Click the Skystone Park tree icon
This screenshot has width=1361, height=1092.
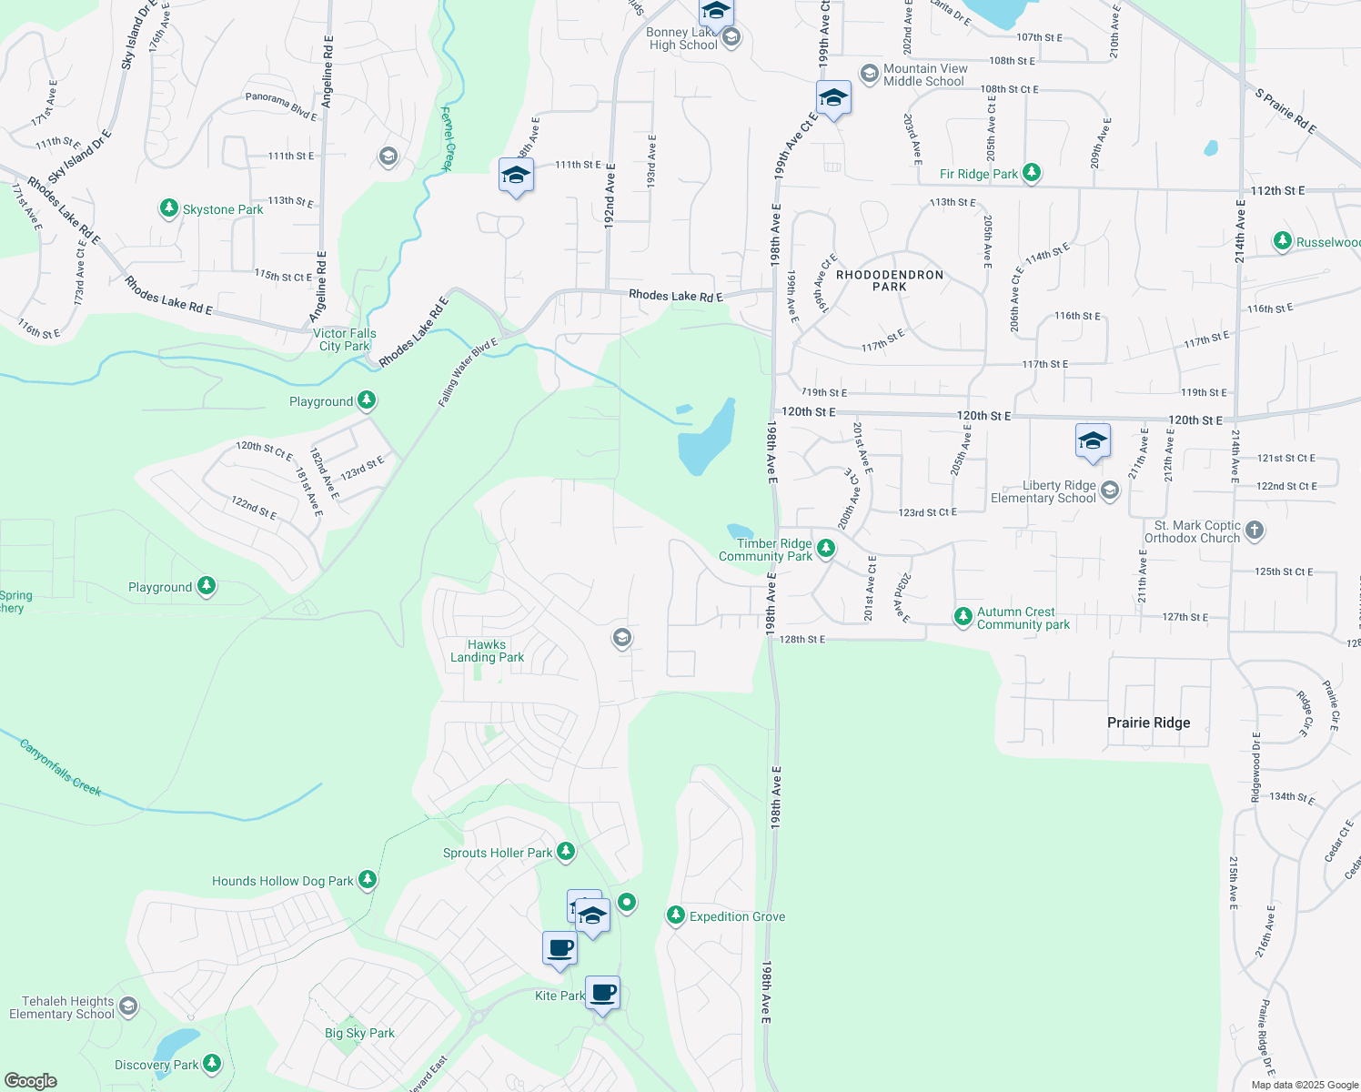pyautogui.click(x=168, y=208)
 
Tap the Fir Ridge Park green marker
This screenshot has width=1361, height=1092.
pyautogui.click(x=1031, y=173)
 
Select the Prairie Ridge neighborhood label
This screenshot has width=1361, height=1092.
pyautogui.click(x=1148, y=723)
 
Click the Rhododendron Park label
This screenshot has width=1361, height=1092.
pyautogui.click(x=889, y=280)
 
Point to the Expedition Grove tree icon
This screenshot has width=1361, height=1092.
pyautogui.click(x=675, y=915)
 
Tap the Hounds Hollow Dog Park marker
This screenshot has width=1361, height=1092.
pyautogui.click(x=368, y=880)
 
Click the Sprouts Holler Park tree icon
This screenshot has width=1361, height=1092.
pyautogui.click(x=566, y=852)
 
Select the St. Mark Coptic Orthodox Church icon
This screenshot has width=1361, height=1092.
pyautogui.click(x=1254, y=531)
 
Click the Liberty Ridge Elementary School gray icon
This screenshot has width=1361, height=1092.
pyautogui.click(x=1109, y=491)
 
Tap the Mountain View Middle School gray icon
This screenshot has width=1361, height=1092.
pyautogui.click(x=869, y=74)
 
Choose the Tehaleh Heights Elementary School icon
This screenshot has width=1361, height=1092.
pyautogui.click(x=128, y=1006)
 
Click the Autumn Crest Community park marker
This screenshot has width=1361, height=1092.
pyautogui.click(x=963, y=617)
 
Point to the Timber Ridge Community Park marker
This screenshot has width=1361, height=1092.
pyautogui.click(x=825, y=549)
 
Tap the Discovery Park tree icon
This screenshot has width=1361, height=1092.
pyautogui.click(x=212, y=1063)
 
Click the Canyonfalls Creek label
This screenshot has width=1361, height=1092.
pyautogui.click(x=61, y=768)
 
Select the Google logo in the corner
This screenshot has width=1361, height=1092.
pyautogui.click(x=30, y=1081)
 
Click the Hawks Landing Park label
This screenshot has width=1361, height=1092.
pyautogui.click(x=487, y=651)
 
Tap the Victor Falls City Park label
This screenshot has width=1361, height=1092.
pyautogui.click(x=345, y=339)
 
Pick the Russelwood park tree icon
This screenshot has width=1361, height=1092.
pyautogui.click(x=1282, y=241)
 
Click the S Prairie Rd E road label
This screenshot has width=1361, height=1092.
pyautogui.click(x=1285, y=111)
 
